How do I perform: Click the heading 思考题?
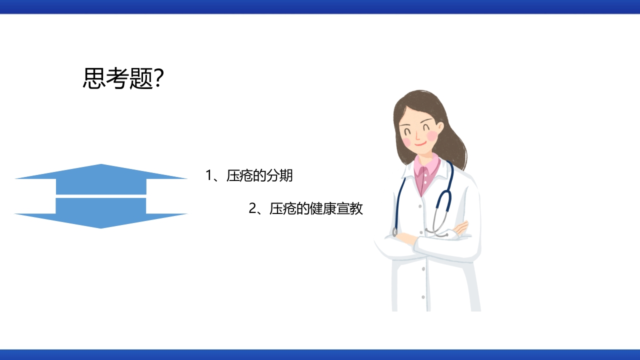coord(123,78)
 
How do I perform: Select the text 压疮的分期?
coord(259,176)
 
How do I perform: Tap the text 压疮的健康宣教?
coord(316,209)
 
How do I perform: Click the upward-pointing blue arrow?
coord(101,178)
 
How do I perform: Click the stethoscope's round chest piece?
coord(440,230)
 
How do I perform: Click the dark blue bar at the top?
coord(320,6)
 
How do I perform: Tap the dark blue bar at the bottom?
coord(320,354)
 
